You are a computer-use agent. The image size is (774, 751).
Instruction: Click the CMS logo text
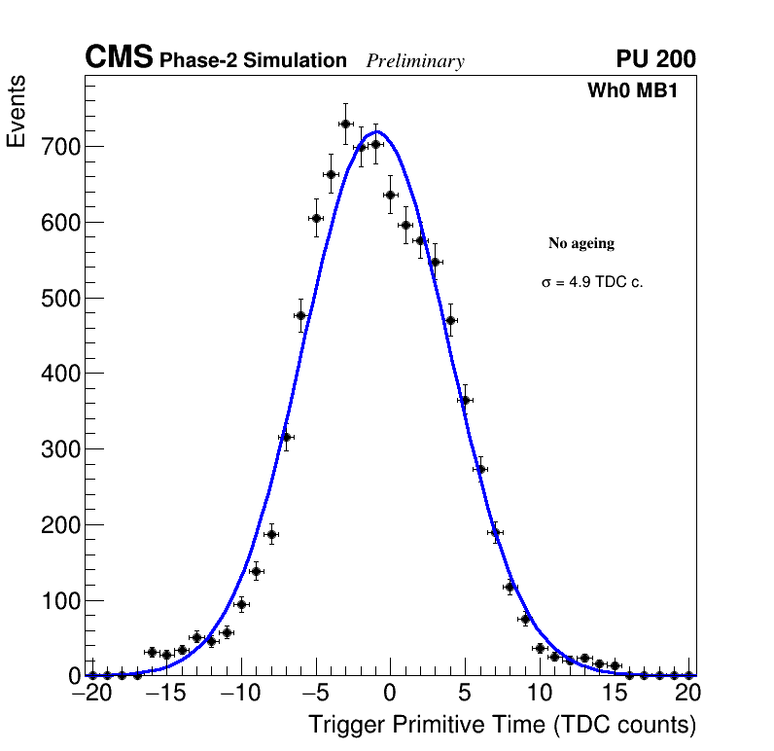[x=119, y=58]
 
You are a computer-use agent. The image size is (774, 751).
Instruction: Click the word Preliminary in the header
[x=415, y=61]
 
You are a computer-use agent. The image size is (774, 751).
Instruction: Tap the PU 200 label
[x=655, y=59]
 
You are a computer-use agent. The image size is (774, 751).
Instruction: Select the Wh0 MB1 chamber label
[x=632, y=91]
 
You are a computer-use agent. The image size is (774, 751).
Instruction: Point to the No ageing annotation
[x=581, y=243]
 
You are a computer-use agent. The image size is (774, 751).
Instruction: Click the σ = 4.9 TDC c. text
[x=592, y=282]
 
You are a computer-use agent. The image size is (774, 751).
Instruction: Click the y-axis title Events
[x=17, y=112]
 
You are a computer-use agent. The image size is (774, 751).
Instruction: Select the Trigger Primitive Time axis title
[x=502, y=725]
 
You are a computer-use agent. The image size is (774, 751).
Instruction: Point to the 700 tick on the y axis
[x=59, y=147]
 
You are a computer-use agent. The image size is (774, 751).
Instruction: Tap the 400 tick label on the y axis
[x=59, y=374]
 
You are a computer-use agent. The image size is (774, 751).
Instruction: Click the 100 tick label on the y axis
[x=59, y=600]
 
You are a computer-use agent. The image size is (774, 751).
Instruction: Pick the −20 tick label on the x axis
[x=92, y=693]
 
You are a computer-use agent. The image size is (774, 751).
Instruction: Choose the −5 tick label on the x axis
[x=315, y=693]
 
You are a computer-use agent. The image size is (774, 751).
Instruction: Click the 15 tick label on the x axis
[x=615, y=693]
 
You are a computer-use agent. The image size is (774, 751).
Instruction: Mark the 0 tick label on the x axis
[x=390, y=693]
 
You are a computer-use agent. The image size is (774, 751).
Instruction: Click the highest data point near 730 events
[x=345, y=124]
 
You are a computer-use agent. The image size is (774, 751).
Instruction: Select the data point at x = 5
[x=465, y=400]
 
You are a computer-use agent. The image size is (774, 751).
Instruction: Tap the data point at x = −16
[x=152, y=652]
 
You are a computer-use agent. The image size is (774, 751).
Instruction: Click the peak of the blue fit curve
[x=377, y=132]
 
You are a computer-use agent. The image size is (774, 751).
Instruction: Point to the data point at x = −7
[x=286, y=437]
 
